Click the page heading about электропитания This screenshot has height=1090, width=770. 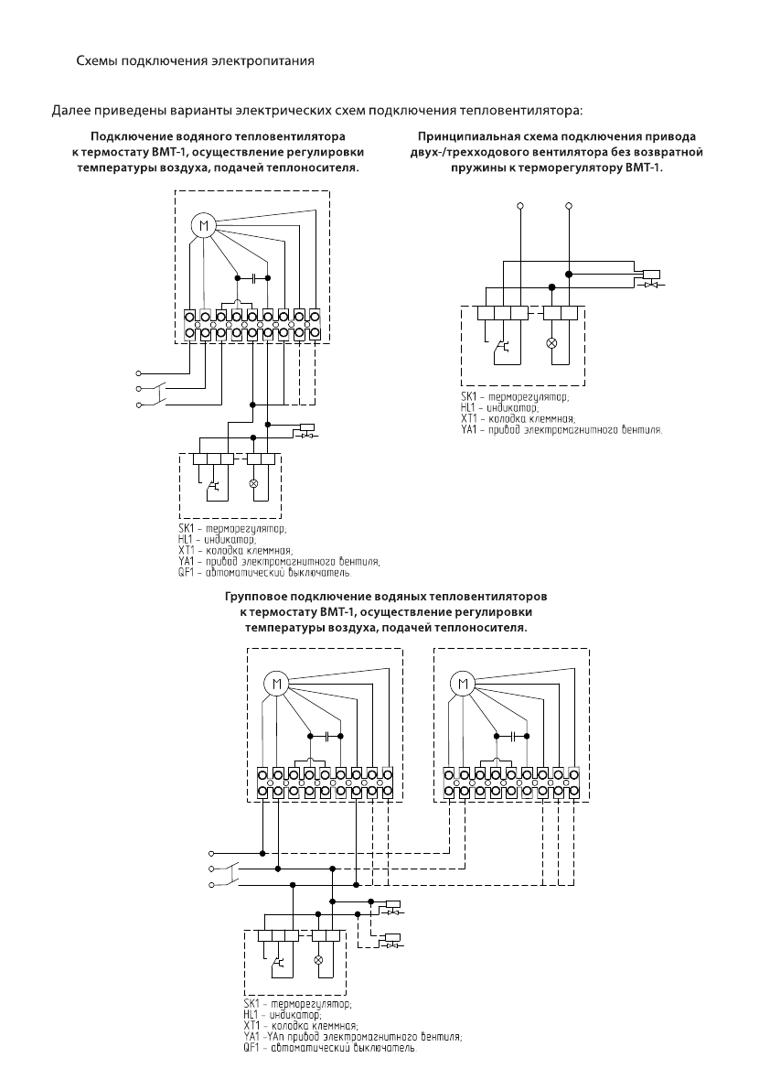point(195,61)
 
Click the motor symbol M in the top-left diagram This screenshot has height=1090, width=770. point(203,226)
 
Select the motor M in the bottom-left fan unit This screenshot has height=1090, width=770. point(275,684)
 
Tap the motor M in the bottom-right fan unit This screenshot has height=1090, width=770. point(463,684)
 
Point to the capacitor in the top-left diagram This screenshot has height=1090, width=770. point(253,277)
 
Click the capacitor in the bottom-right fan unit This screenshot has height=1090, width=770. point(512,736)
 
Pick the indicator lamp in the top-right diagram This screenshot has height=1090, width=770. point(553,342)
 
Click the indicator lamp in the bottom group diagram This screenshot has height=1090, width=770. point(319,960)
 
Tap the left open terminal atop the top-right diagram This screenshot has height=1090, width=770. point(520,206)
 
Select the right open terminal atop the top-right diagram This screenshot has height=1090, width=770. point(570,206)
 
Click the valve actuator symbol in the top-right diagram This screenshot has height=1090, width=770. point(651,279)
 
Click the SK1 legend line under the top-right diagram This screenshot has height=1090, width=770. point(515,397)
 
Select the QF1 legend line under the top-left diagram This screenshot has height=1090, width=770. point(264,574)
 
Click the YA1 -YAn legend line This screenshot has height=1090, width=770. point(353,1037)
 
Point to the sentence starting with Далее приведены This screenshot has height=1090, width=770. point(317,112)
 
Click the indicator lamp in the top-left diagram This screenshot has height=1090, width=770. point(253,482)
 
